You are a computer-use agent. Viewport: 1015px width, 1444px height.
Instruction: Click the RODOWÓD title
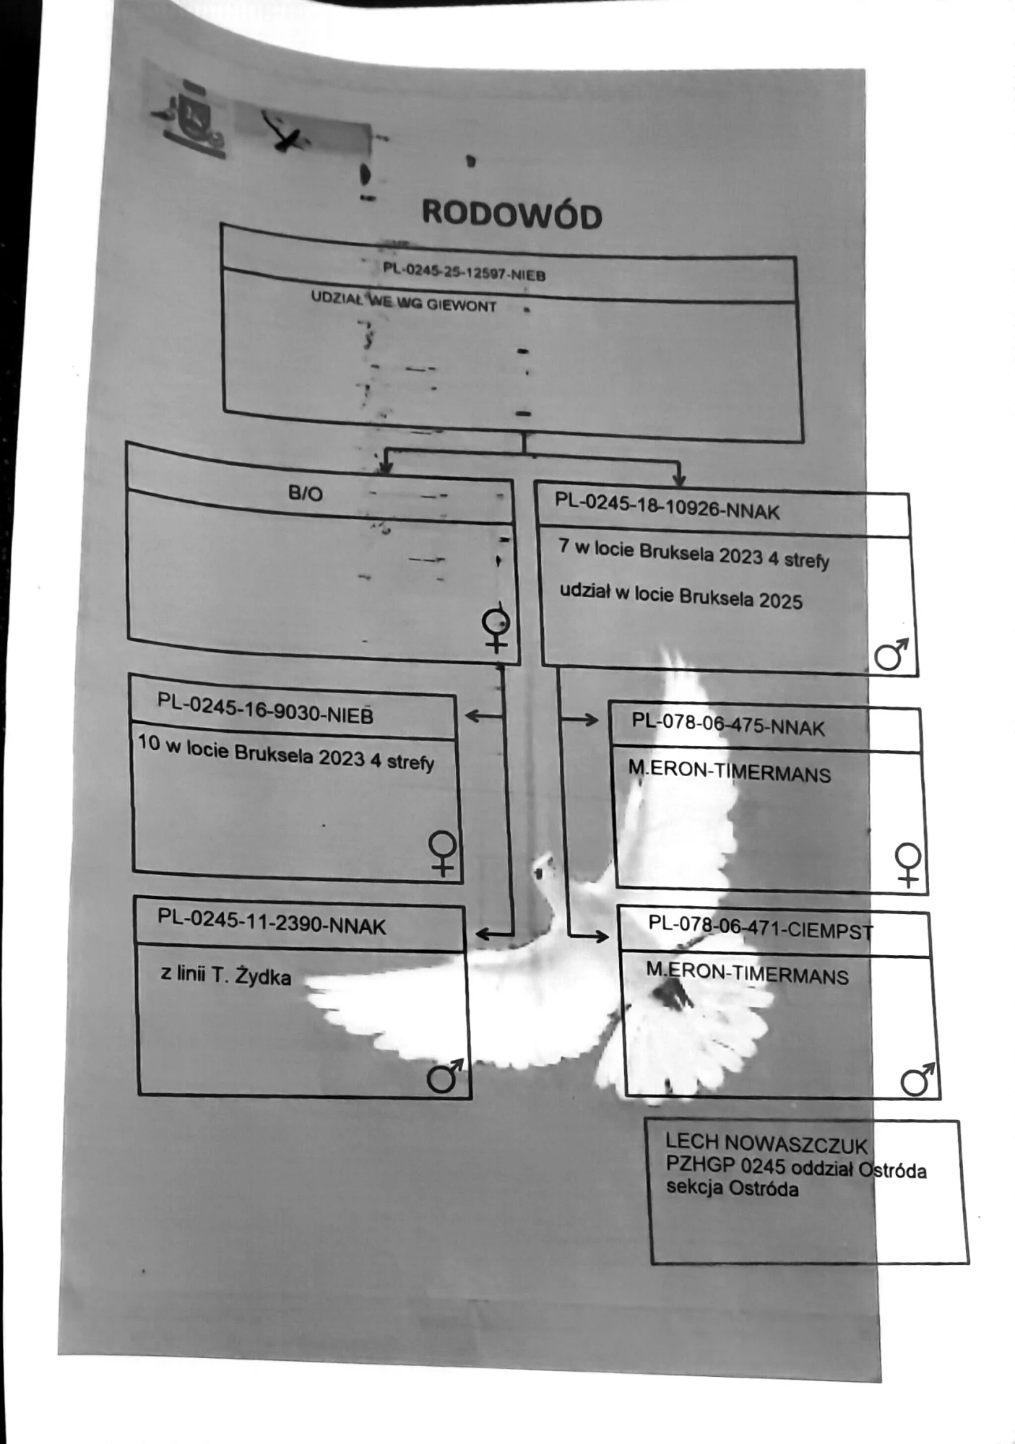[511, 214]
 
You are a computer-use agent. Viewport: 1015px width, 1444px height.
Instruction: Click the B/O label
[305, 493]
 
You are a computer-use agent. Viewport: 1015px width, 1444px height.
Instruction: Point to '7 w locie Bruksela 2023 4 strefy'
[694, 554]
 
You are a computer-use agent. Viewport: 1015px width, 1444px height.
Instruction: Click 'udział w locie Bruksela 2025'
[681, 596]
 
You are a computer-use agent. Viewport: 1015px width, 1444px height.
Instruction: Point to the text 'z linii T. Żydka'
[225, 975]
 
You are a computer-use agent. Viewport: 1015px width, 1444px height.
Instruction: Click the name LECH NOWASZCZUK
[766, 1144]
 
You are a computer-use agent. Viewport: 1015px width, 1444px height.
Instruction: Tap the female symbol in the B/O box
[496, 629]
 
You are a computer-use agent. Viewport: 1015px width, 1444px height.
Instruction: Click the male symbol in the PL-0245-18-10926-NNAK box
[891, 654]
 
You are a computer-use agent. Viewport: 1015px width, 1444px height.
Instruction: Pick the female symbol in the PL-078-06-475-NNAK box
[907, 864]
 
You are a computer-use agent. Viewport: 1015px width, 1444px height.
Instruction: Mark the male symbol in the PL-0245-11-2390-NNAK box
[444, 1076]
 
